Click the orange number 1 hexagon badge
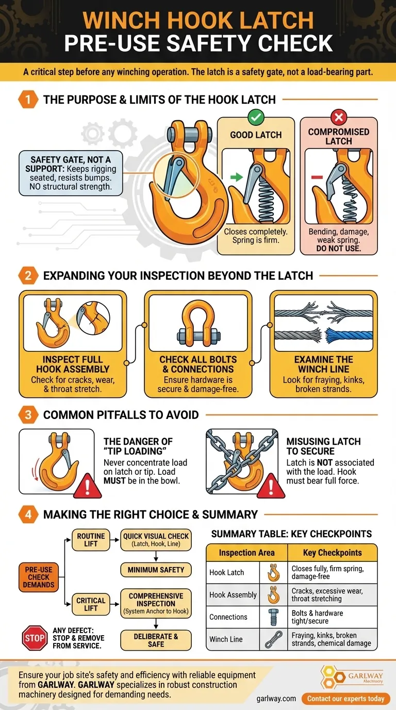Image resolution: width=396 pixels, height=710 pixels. [x=28, y=99]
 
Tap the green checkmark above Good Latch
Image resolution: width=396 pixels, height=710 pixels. [x=256, y=118]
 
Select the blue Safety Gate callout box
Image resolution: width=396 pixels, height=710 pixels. [x=71, y=173]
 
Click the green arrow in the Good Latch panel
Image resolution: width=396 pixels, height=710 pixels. [x=236, y=177]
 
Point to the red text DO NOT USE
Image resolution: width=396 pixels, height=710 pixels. [x=339, y=248]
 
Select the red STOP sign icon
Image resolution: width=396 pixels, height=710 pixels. [x=35, y=639]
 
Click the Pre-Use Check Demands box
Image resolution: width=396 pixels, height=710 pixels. [x=39, y=577]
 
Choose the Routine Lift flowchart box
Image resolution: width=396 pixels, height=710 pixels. [x=91, y=540]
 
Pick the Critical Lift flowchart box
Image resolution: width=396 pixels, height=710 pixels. [x=91, y=604]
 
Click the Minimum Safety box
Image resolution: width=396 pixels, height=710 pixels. [x=156, y=570]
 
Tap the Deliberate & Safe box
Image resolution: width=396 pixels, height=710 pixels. [x=156, y=640]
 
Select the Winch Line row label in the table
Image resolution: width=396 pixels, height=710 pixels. [x=226, y=639]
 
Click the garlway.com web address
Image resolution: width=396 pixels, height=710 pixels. [x=276, y=699]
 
